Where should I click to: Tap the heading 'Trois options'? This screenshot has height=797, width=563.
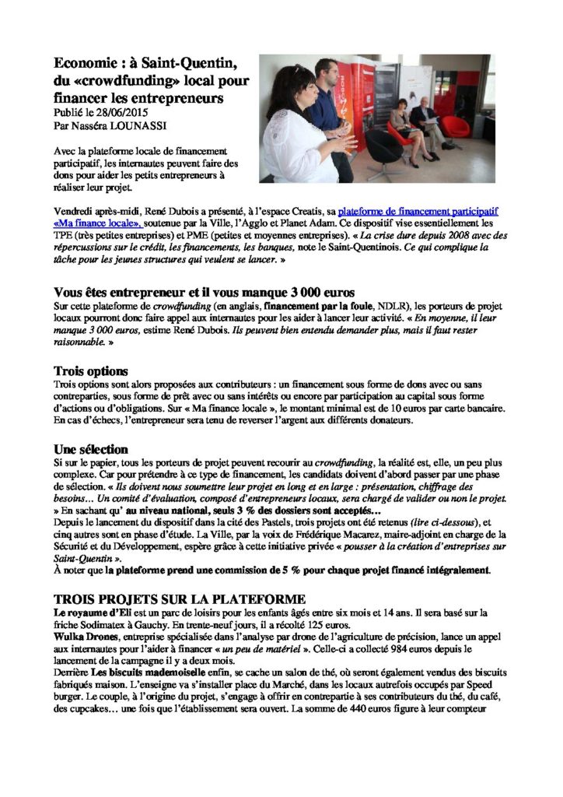(91, 370)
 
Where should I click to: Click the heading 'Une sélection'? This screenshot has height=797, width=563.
(91, 450)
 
